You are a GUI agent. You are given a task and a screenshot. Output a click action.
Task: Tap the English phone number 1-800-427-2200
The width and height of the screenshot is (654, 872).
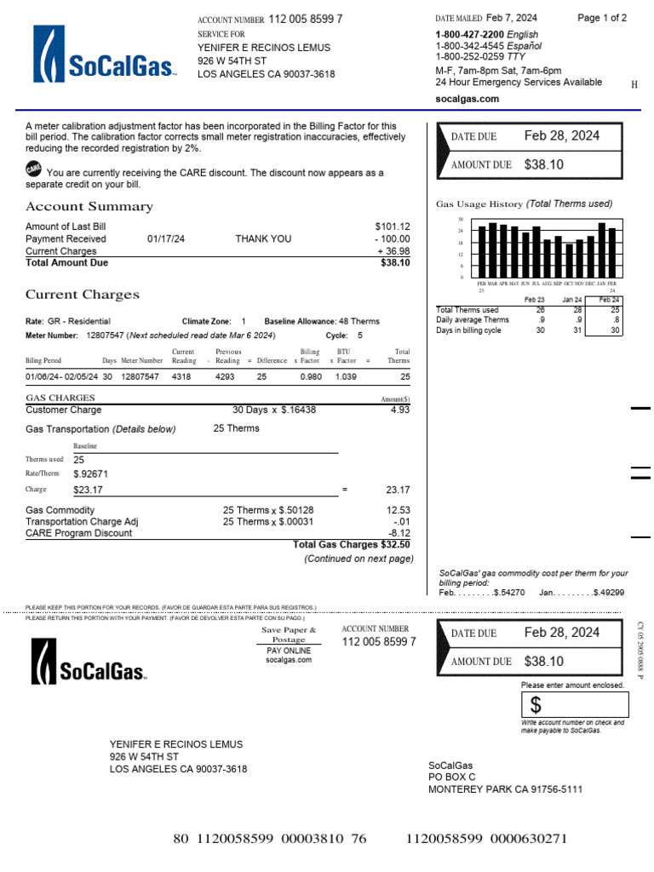(x=468, y=35)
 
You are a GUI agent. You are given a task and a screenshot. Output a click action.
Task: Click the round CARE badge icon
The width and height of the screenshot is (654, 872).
(x=34, y=169)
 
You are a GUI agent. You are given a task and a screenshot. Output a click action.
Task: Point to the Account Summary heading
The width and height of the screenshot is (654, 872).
(x=89, y=207)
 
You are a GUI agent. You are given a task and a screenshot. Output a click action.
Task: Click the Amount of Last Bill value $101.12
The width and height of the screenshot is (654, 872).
(x=392, y=227)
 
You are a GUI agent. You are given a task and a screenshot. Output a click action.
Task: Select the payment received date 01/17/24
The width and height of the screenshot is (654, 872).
(x=166, y=239)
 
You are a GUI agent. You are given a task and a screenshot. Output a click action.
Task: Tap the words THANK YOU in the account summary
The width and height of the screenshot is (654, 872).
(x=263, y=239)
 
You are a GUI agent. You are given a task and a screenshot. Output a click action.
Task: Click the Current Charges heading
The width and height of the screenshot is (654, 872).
(x=82, y=295)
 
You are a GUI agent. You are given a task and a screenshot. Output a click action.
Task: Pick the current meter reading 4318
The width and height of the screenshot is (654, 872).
(x=182, y=376)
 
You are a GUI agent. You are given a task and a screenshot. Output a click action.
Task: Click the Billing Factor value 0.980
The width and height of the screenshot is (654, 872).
(x=312, y=376)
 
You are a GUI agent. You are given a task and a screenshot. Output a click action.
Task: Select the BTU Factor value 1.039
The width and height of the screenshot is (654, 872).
(x=346, y=376)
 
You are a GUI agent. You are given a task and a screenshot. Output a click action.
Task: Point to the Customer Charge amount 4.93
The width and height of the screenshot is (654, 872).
(x=400, y=410)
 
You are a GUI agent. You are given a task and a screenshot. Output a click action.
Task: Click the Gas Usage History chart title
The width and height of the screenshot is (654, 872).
(x=524, y=204)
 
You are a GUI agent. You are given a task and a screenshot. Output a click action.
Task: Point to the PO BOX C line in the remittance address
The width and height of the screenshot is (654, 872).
(x=451, y=777)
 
